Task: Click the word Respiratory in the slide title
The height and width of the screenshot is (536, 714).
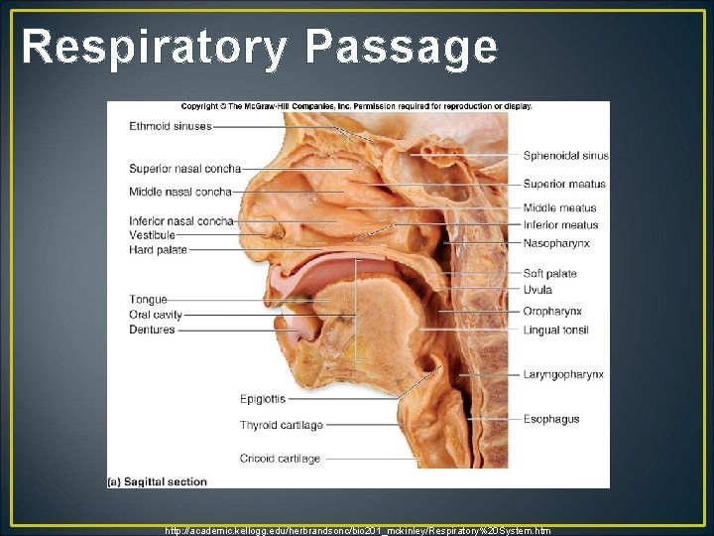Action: point(155,47)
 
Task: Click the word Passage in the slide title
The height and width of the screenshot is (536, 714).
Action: point(402,47)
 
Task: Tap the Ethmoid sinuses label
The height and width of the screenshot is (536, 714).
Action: point(170,126)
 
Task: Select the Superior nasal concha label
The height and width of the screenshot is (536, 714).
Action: point(184,168)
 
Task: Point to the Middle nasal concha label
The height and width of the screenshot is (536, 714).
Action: point(179,192)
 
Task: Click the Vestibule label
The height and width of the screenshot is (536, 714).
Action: point(152,235)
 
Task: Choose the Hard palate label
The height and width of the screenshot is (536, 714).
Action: point(158,250)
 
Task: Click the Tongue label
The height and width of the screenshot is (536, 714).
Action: point(148,299)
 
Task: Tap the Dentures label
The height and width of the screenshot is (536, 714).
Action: point(152,330)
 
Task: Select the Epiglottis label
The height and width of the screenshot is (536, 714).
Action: point(262,399)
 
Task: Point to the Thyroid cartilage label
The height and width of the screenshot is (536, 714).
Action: point(281,425)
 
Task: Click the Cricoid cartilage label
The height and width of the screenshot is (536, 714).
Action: point(280,459)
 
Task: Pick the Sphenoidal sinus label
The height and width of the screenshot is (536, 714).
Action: point(565,156)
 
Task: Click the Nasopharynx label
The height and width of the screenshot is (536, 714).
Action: point(556,242)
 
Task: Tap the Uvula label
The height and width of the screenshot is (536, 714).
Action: point(537,290)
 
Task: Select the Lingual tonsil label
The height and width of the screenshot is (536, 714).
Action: point(556,330)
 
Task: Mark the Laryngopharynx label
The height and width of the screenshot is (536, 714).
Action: point(563,374)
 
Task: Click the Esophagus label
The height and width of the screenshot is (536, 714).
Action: point(551,419)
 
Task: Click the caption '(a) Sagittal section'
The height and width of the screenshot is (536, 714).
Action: point(158,481)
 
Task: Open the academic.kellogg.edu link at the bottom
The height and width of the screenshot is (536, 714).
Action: point(358,530)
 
